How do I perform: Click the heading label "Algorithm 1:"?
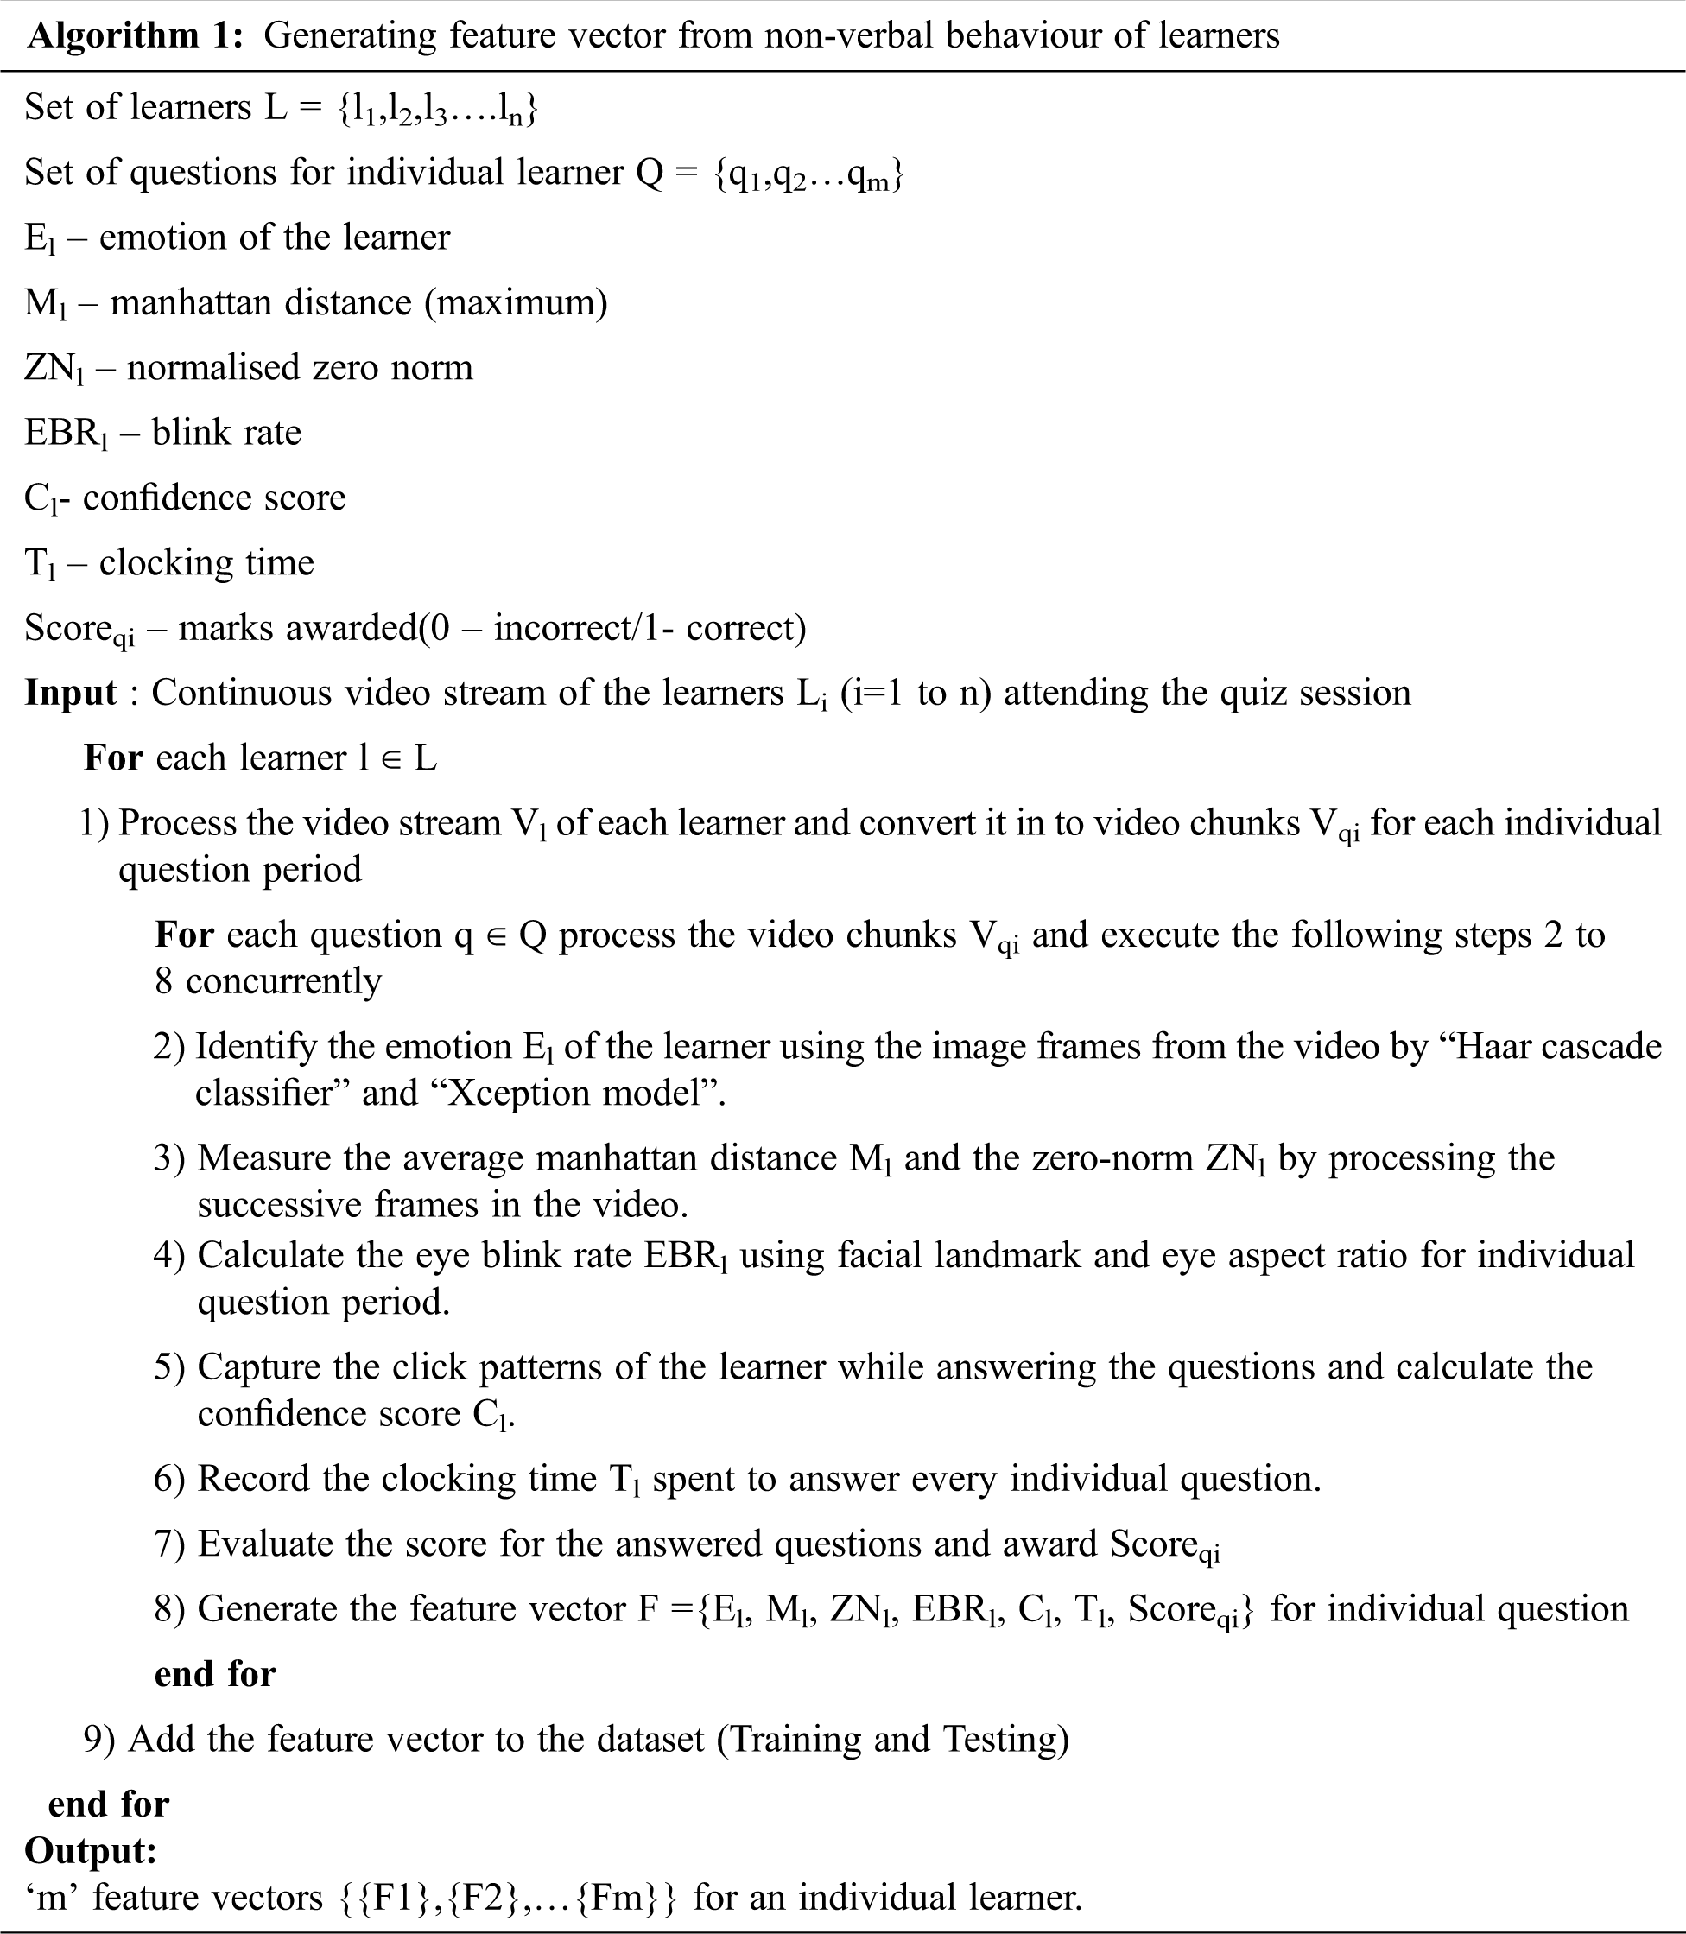click(136, 35)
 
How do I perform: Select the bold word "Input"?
click(71, 694)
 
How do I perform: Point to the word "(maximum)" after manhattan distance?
click(516, 303)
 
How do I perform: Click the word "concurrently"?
click(283, 981)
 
